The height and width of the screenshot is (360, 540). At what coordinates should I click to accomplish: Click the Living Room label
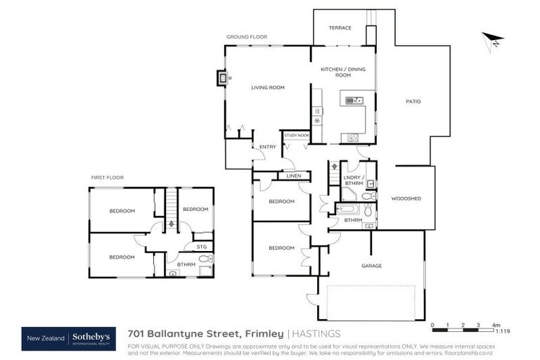point(268,87)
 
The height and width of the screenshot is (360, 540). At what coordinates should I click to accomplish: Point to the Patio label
point(413,101)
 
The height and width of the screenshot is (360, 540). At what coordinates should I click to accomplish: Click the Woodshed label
point(406,199)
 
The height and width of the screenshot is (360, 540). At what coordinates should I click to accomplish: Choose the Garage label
point(371,266)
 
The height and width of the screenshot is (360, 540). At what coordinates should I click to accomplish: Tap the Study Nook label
point(296,135)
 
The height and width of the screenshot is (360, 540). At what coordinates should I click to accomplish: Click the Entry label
point(268,147)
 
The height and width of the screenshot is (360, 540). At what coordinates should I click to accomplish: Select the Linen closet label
point(293,176)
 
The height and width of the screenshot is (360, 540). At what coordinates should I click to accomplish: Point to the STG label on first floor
point(202,247)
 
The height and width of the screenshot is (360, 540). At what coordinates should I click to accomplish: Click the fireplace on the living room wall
point(222,78)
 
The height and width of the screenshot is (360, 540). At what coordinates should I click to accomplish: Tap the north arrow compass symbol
point(493,41)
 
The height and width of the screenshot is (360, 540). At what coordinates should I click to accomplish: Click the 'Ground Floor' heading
point(247,37)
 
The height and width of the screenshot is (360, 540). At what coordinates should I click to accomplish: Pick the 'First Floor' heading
point(108,177)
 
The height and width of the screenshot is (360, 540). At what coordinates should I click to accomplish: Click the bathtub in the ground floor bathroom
point(349,210)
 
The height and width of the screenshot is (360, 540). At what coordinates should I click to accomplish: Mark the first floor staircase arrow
point(170,223)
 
